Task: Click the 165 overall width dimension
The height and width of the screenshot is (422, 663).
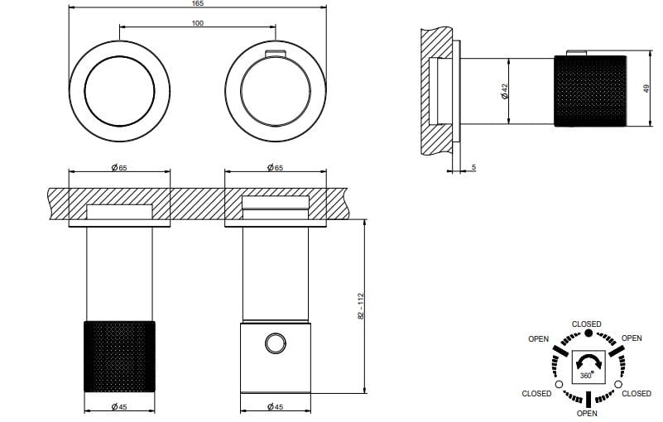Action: [198, 4]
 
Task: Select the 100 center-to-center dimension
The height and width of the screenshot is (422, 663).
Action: [198, 22]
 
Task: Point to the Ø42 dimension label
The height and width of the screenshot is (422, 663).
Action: [504, 91]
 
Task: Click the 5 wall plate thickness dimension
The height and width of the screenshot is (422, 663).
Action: [473, 168]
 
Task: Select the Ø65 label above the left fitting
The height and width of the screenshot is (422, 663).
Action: [119, 168]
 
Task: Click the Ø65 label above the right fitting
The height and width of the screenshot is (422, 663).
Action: [276, 168]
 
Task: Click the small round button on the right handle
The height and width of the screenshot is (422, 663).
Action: [275, 343]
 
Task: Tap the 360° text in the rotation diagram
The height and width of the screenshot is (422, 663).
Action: [586, 375]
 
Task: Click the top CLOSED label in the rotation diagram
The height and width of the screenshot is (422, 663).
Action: [587, 324]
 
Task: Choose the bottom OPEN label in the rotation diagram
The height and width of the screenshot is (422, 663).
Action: [587, 413]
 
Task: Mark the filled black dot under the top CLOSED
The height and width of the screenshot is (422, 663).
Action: [588, 333]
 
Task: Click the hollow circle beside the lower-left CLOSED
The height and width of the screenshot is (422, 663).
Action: [559, 384]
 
